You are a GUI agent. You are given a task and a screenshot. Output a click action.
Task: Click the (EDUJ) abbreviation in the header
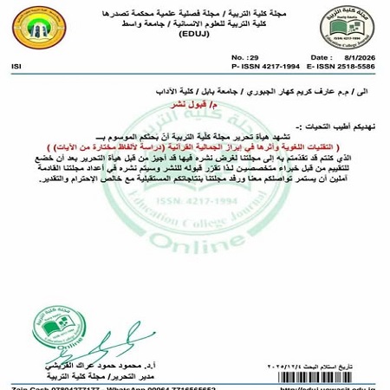coord(198,37)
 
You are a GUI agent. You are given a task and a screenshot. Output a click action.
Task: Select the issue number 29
coord(242,55)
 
